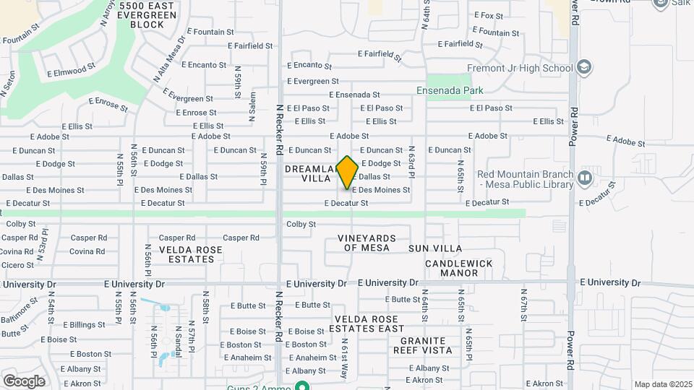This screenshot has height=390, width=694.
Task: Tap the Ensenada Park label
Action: (x=450, y=90)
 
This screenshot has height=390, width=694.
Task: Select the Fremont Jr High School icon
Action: (x=585, y=68)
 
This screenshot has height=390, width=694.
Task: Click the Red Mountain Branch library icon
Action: (x=585, y=176)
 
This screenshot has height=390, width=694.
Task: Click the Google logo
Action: (x=24, y=381)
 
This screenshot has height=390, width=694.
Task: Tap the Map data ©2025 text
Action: (x=662, y=384)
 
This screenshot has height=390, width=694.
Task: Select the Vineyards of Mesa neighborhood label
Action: (x=367, y=243)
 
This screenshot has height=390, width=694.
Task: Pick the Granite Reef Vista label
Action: (x=423, y=345)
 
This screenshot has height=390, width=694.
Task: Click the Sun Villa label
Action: (x=435, y=248)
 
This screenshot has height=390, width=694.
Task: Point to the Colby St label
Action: (x=301, y=225)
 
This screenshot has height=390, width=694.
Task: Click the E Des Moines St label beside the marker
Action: (x=381, y=190)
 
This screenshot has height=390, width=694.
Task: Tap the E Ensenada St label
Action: (x=354, y=95)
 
